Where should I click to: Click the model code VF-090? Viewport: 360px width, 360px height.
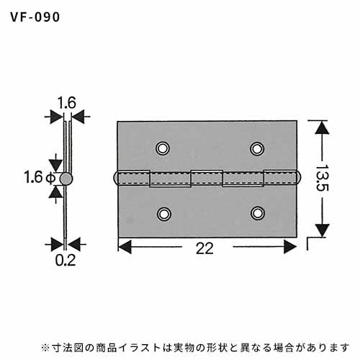pos(35,17)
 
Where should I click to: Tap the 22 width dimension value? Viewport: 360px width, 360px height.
pos(204,248)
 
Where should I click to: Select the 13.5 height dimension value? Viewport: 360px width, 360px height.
pos(322,178)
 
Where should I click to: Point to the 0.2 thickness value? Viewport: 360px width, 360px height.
pos(66,260)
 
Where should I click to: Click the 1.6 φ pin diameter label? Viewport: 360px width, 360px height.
pos(40,177)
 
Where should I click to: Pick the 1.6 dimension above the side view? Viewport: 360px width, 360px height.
pos(67,102)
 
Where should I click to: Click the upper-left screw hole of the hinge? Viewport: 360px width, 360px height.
pos(163,148)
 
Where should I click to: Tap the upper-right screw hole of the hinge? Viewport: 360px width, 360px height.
pos(257,148)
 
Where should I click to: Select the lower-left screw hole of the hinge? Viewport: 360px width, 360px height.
pos(164,214)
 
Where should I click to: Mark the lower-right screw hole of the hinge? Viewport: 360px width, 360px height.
pos(258,213)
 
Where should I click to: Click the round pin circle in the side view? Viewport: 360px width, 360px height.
pos(66,179)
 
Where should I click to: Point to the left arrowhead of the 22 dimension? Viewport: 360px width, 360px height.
pos(125,247)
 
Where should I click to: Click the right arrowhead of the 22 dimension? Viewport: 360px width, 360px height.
pos(290,247)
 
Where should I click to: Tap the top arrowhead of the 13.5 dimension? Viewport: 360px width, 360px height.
pos(322,127)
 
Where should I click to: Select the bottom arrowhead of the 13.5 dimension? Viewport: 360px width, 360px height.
pos(322,230)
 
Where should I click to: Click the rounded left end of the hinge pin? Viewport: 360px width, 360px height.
pos(115,178)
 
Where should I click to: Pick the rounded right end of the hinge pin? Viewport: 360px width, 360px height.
pos(299,178)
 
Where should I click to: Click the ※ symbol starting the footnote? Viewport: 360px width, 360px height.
pos(45,348)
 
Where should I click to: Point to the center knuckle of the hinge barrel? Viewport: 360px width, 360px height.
pos(207,178)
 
